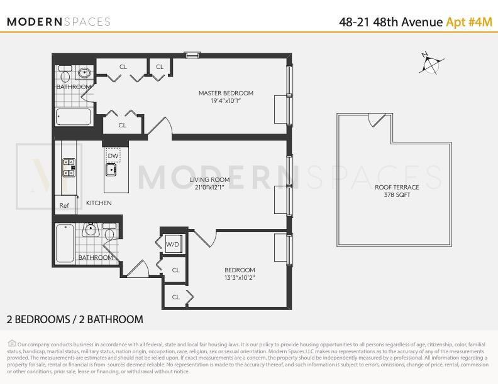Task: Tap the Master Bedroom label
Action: coord(226,93)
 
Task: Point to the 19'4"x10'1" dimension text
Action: coord(226,101)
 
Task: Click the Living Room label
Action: coord(209,179)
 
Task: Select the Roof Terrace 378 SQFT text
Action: coord(397,191)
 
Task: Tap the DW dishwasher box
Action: coord(113,156)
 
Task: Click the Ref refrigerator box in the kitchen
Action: coord(64,205)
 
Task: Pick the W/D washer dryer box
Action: coord(172,245)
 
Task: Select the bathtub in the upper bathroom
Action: coord(73,117)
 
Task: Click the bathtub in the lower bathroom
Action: coord(65,243)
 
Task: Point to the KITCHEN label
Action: coord(99,203)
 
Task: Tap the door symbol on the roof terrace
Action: coord(376,119)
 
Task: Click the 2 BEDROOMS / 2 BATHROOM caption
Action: coord(75,319)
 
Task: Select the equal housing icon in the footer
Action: coord(12,343)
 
